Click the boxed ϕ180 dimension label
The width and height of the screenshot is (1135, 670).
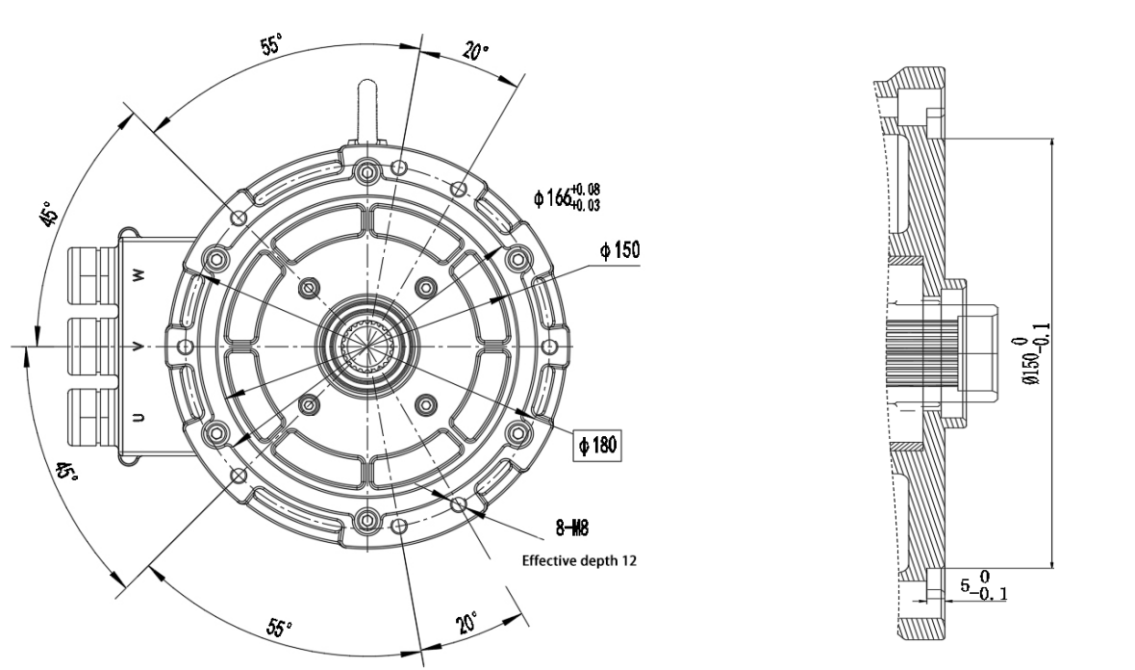598,444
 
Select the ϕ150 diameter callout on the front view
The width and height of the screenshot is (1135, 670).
619,251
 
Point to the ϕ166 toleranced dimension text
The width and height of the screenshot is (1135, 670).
567,197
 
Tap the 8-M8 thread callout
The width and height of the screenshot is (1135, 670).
572,528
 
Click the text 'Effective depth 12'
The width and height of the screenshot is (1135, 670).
579,560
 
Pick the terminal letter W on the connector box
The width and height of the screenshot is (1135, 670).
139,275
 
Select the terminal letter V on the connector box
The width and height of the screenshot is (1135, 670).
139,347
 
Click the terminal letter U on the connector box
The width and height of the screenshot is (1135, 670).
139,417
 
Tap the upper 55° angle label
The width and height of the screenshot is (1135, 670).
271,45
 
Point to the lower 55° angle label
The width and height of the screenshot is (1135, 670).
280,627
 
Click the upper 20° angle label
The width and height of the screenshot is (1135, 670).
475,52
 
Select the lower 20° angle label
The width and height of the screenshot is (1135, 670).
467,622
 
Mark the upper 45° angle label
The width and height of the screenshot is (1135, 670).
49,214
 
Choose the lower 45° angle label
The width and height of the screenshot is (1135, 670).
66,473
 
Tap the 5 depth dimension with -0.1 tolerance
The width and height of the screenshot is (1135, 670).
984,585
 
